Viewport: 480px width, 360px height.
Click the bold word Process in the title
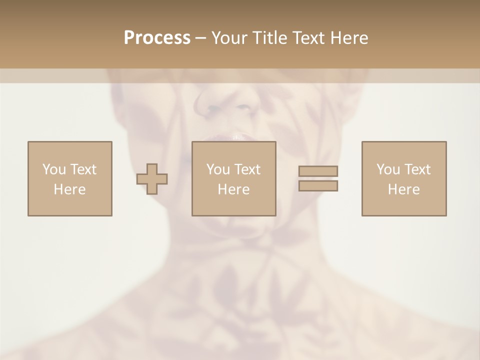click(x=157, y=37)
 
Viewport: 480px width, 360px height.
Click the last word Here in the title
click(x=349, y=37)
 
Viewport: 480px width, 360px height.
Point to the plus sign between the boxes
click(x=152, y=179)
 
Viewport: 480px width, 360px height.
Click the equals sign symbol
click(x=318, y=178)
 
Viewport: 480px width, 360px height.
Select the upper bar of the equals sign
click(x=318, y=171)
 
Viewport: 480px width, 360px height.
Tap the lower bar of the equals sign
click(x=318, y=185)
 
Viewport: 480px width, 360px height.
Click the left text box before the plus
click(x=69, y=178)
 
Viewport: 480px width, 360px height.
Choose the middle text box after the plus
click(x=233, y=178)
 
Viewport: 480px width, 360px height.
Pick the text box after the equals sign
click(x=403, y=178)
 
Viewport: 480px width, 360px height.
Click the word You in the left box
click(x=54, y=169)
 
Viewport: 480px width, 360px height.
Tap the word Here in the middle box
click(x=233, y=189)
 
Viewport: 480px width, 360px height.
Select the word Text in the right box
click(x=417, y=169)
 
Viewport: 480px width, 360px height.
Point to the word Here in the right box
click(x=403, y=189)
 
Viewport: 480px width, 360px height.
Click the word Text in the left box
click(x=83, y=169)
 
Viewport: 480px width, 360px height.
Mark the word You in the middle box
click(x=218, y=169)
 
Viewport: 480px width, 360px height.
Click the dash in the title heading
click(x=200, y=38)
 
